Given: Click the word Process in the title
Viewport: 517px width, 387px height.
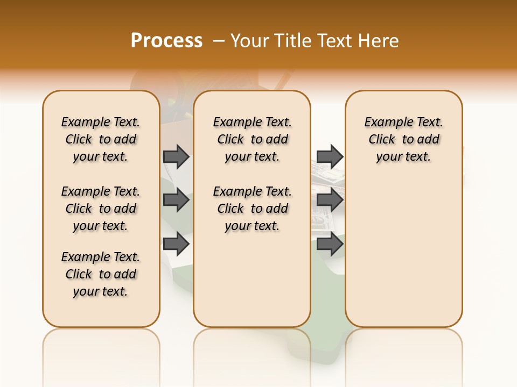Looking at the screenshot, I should [x=166, y=40].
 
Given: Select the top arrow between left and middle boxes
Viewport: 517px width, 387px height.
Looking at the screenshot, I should [x=176, y=156].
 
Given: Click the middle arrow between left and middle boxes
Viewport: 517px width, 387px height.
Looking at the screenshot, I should [x=176, y=200].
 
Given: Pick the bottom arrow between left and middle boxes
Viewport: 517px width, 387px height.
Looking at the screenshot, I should [x=176, y=245].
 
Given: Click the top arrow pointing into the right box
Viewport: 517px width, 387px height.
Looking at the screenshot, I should [x=330, y=156].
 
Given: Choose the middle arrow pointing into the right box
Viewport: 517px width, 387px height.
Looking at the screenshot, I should [x=330, y=200].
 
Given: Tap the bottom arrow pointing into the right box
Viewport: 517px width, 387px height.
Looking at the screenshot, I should [x=330, y=245].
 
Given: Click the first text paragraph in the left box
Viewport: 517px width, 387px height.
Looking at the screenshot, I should [x=101, y=139].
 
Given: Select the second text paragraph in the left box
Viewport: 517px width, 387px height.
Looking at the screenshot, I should [x=101, y=209].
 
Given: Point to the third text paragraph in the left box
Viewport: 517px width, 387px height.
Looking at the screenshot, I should [x=101, y=274].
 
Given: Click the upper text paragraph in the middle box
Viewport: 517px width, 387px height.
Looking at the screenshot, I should [x=252, y=139].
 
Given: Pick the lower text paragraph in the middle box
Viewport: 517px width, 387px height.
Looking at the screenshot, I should [x=252, y=209].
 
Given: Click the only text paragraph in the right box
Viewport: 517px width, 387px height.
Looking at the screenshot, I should [x=403, y=139].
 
